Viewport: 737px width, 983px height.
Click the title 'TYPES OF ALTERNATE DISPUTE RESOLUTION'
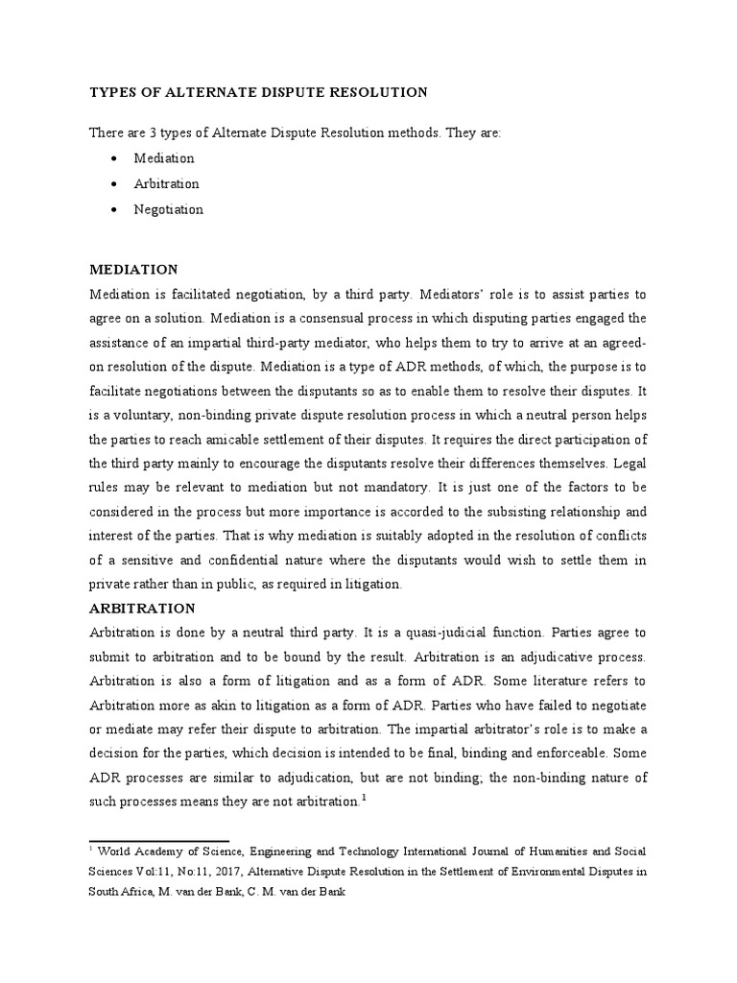click(258, 92)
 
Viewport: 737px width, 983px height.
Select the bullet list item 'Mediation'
click(164, 158)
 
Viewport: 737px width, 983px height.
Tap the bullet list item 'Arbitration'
click(167, 183)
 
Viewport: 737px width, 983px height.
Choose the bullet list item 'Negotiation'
click(169, 209)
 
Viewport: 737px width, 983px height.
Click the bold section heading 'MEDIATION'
click(133, 270)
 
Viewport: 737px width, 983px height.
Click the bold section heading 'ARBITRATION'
click(142, 609)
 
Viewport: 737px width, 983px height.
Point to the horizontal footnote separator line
click(159, 814)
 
